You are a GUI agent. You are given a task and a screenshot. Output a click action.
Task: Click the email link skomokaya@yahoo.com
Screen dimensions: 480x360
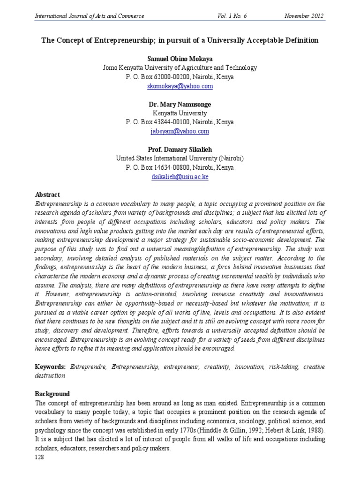[x=180, y=86]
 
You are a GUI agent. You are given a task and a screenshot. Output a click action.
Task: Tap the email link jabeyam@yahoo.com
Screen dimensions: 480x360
[x=180, y=132]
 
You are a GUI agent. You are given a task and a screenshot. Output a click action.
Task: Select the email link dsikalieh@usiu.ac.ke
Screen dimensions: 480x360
[x=180, y=177]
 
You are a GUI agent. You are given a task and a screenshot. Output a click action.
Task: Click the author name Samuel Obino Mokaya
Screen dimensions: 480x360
[x=180, y=59]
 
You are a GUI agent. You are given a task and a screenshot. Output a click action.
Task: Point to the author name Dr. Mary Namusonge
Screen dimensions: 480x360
[x=180, y=104]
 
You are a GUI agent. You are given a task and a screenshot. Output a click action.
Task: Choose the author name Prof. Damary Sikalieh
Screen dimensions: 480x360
[x=180, y=150]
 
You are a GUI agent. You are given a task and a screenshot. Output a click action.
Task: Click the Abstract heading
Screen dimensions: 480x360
[x=48, y=195]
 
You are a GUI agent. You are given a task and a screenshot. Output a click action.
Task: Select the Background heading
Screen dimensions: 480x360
[x=52, y=394]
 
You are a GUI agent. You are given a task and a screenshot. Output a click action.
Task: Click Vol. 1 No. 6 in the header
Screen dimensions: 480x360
[x=232, y=16]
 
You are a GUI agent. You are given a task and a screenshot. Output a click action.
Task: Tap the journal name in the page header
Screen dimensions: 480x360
[x=90, y=16]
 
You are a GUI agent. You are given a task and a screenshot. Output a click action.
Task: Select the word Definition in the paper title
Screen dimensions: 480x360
[x=301, y=40]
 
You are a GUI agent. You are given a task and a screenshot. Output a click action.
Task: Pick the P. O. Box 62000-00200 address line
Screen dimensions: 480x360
[x=180, y=77]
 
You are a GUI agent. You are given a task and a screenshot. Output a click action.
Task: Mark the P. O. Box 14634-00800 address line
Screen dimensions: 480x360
[x=180, y=167]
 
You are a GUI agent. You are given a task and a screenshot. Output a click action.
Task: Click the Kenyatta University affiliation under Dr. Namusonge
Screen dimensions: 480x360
[x=180, y=113]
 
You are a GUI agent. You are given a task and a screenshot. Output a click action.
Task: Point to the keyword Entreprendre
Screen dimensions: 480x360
[x=89, y=367]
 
